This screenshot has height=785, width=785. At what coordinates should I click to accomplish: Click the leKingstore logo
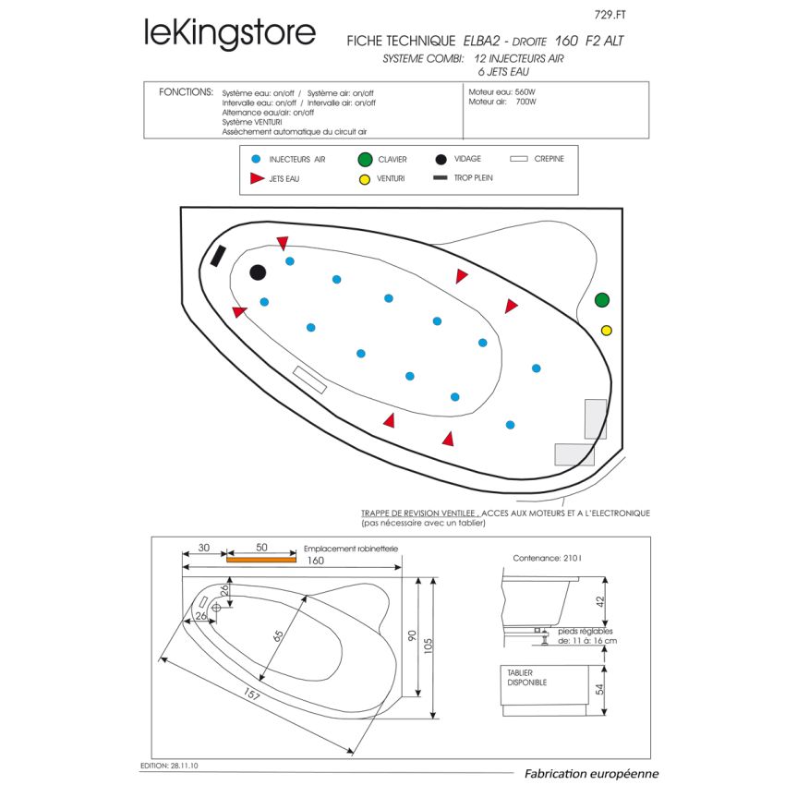click(230, 33)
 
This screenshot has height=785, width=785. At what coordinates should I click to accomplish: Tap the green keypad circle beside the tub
click(602, 300)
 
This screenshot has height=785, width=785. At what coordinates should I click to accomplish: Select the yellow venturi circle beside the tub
click(606, 331)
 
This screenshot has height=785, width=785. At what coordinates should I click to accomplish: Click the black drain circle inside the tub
click(258, 272)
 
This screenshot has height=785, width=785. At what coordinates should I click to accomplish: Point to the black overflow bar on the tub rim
click(218, 257)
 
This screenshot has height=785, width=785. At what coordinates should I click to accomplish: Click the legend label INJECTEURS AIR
click(297, 159)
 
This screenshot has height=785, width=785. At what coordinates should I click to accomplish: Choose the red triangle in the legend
click(257, 177)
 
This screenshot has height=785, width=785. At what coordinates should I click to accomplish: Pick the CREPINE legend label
click(549, 159)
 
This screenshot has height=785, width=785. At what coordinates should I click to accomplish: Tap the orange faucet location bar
click(260, 560)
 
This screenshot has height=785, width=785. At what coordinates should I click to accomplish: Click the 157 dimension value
click(251, 694)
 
